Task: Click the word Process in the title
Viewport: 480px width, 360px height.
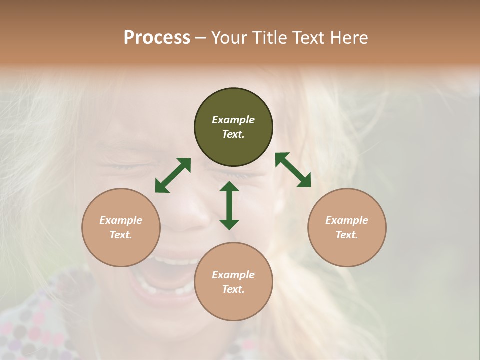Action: point(157,38)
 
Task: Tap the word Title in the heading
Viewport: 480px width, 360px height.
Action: point(267,38)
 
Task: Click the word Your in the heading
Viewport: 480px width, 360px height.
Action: point(229,38)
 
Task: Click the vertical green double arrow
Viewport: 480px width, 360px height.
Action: point(229,205)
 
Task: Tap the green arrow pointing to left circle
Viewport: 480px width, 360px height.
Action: point(173,175)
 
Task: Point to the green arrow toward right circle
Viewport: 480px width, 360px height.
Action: point(293,170)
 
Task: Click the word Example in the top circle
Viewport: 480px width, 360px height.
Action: point(233,120)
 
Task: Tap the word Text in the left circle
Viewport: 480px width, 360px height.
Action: point(121,235)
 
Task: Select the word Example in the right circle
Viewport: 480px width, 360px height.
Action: point(347,220)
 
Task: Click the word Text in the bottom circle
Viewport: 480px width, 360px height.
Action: point(233,289)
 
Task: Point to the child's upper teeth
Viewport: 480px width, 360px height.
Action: point(175,261)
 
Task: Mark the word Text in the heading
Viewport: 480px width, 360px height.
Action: point(309,38)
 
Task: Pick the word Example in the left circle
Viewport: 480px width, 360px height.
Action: point(121,220)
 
